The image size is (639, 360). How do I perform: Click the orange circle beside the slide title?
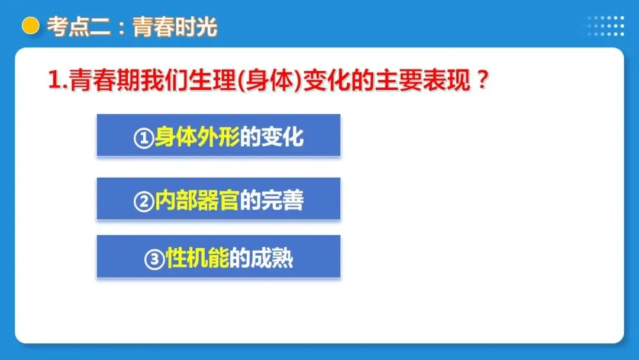pos(30,26)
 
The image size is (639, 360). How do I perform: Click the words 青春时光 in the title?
pos(175,27)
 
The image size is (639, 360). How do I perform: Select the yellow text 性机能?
pos(197,259)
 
